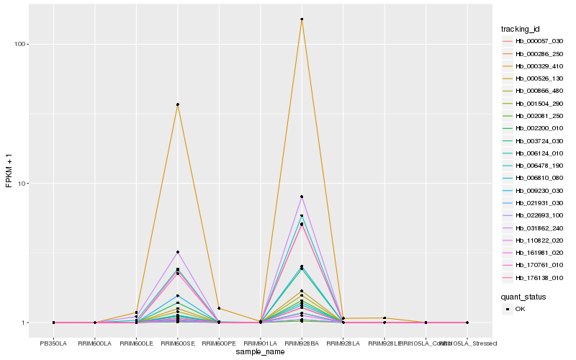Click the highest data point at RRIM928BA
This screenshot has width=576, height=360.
[302, 19]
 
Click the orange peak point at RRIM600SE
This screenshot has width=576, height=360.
[178, 104]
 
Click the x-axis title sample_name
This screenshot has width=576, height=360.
[260, 351]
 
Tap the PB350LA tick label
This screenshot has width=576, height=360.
[54, 343]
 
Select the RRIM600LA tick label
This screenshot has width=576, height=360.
[95, 343]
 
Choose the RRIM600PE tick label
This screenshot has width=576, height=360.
[219, 343]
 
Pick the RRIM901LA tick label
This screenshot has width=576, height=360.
[261, 343]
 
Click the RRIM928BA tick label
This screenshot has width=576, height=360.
[302, 343]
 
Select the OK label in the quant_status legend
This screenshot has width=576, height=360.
[521, 308]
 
